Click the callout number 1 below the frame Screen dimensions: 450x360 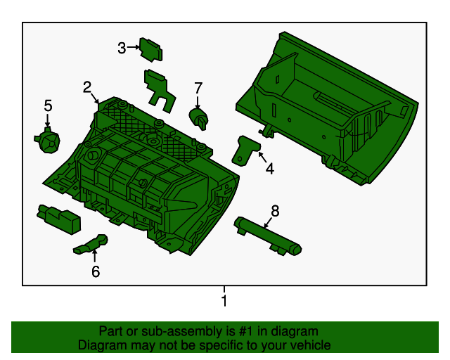[x=224, y=300]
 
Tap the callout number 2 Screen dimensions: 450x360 [x=87, y=87]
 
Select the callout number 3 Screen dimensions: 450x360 [x=122, y=48]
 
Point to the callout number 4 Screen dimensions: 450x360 [x=270, y=169]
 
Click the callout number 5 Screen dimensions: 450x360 [x=49, y=105]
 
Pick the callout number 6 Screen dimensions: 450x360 [x=96, y=271]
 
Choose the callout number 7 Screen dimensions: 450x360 [x=198, y=88]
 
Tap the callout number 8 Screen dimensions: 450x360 [x=275, y=211]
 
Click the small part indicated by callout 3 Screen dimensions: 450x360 [x=151, y=49]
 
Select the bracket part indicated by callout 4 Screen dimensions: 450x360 [x=245, y=150]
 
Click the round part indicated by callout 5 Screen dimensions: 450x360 [x=48, y=140]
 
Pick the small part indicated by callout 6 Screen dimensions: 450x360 [x=91, y=245]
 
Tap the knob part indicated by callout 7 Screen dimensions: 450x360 [x=198, y=119]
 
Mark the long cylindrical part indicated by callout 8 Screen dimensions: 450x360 [x=267, y=236]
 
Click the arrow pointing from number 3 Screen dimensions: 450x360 [x=133, y=47]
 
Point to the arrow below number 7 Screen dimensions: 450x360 [x=198, y=102]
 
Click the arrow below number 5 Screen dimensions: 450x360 [x=48, y=120]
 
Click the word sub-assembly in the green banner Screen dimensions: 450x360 [x=181, y=331]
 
